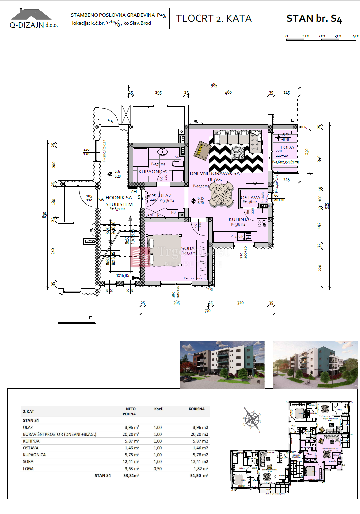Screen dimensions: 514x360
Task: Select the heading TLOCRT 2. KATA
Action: [214, 18]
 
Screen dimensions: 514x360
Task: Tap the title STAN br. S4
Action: [314, 19]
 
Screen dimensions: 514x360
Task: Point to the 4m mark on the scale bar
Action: [356, 36]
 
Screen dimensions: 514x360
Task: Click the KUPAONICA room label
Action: [152, 172]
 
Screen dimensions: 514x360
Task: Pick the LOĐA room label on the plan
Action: [287, 147]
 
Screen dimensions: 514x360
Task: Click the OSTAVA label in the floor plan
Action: [250, 198]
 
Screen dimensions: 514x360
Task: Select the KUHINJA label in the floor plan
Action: [239, 219]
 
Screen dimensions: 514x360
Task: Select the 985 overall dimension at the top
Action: [214, 85]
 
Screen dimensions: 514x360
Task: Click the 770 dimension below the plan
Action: [207, 311]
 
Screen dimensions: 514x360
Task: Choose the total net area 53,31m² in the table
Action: [131, 475]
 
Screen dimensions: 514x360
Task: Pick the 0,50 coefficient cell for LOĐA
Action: [158, 469]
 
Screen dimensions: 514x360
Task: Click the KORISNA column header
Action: [196, 409]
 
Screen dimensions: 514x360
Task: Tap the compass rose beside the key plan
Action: [252, 419]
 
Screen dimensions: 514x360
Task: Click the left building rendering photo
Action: [222, 364]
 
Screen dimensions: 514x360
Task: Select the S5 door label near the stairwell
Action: [110, 121]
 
